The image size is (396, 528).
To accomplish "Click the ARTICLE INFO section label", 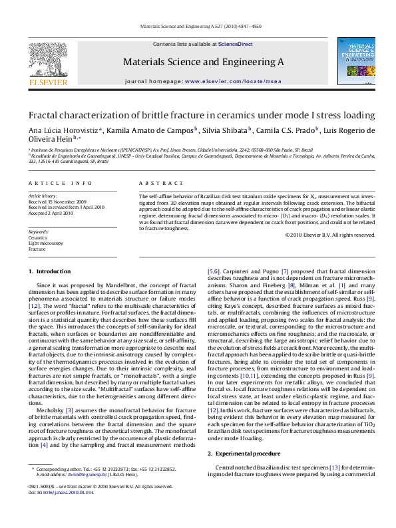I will click(60, 182).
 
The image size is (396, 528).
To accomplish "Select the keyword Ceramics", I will click(38, 237).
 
